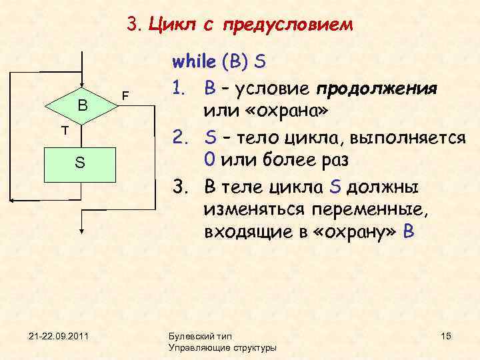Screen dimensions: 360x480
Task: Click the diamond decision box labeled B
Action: click(81, 105)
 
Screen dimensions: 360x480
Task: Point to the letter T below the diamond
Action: click(65, 131)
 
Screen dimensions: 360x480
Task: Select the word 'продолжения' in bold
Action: click(377, 89)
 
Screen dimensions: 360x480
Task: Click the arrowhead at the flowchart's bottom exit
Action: click(81, 229)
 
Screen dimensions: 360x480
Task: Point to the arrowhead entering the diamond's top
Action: click(81, 83)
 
